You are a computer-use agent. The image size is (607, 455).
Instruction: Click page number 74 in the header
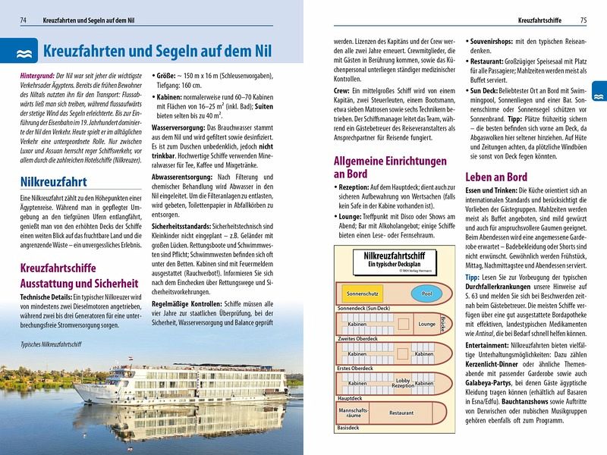point(24,19)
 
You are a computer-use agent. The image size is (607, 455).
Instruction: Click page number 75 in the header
point(583,19)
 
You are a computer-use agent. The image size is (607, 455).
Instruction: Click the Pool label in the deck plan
point(426,293)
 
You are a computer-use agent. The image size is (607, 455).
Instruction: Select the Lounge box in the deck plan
point(426,324)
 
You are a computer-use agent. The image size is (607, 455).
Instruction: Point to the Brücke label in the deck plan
point(442,325)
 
